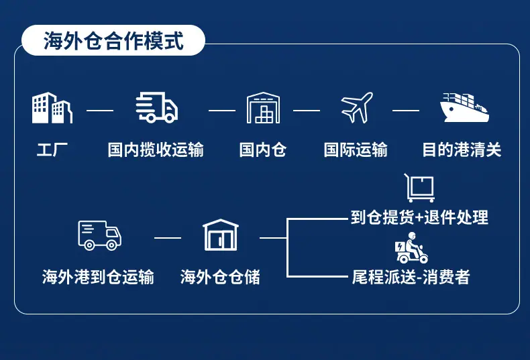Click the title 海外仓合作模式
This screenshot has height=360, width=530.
pyautogui.click(x=113, y=40)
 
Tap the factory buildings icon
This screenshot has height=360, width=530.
pyautogui.click(x=52, y=108)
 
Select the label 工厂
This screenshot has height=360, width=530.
pyautogui.click(x=52, y=149)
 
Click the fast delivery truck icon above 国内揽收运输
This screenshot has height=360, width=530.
pyautogui.click(x=156, y=107)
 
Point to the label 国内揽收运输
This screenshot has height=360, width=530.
pyautogui.click(x=156, y=149)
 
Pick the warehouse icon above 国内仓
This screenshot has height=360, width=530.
pyautogui.click(x=263, y=108)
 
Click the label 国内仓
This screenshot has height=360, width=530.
pyautogui.click(x=263, y=149)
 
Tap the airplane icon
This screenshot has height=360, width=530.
pyautogui.click(x=357, y=107)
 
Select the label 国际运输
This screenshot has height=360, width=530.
pyautogui.click(x=356, y=149)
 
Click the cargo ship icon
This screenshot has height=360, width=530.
pyautogui.click(x=464, y=108)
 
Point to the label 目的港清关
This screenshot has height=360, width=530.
pyautogui.click(x=462, y=149)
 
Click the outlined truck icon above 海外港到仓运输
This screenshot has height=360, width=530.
pyautogui.click(x=99, y=235)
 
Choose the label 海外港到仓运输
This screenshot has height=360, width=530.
pyautogui.click(x=98, y=277)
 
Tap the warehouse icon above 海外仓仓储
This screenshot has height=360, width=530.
pyautogui.click(x=221, y=235)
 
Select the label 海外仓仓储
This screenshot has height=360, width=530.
pyautogui.click(x=220, y=277)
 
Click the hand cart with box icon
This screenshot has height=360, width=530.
pyautogui.click(x=419, y=188)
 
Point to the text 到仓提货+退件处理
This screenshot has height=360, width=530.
pyautogui.click(x=419, y=217)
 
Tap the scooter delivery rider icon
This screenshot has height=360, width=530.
pyautogui.click(x=411, y=248)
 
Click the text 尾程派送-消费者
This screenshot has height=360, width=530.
pyautogui.click(x=411, y=277)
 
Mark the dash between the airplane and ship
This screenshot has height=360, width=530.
pyautogui.click(x=406, y=111)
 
